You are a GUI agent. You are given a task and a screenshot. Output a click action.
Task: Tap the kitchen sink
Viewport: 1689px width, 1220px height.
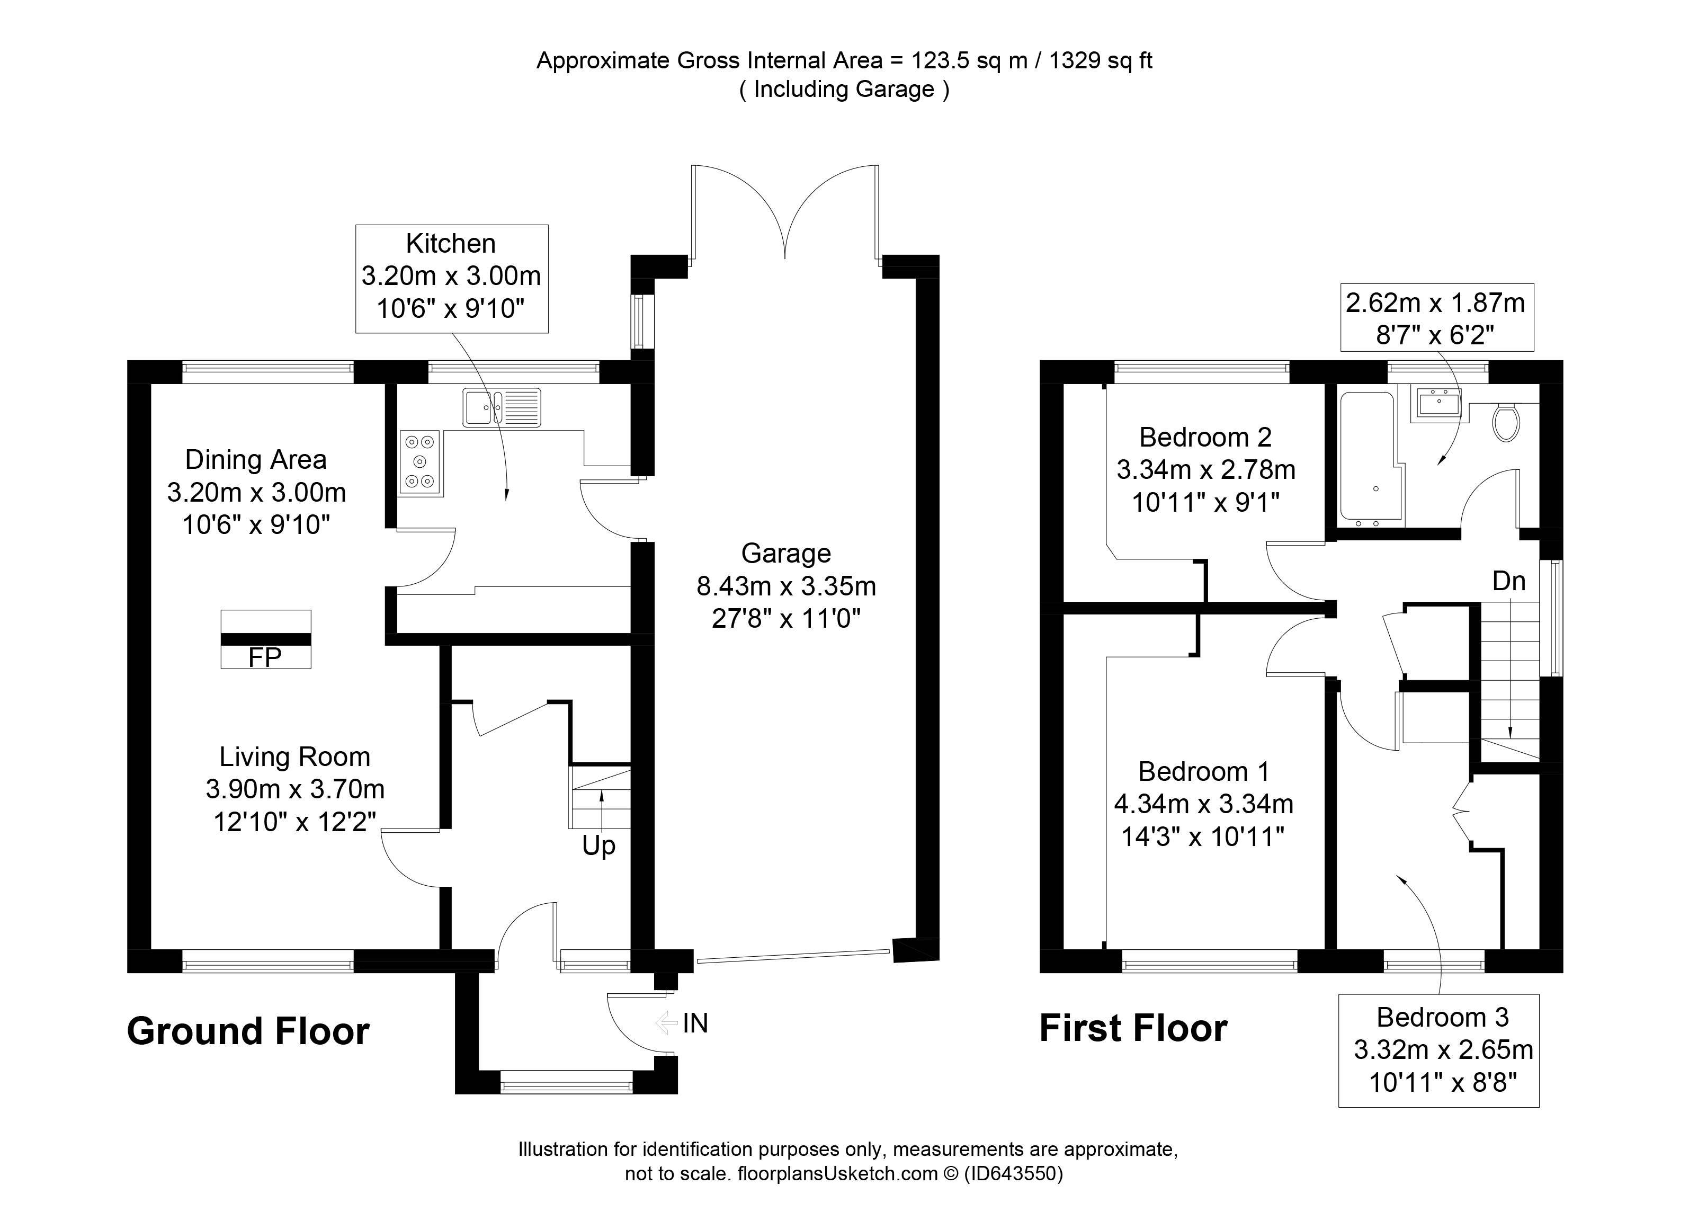coord(502,408)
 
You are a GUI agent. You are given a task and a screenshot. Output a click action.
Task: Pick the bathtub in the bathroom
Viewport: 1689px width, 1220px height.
coord(1371,459)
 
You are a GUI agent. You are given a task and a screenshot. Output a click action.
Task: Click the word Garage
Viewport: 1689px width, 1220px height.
coord(787,554)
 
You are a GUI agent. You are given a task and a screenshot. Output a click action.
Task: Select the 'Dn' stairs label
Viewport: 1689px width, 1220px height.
coord(1509,581)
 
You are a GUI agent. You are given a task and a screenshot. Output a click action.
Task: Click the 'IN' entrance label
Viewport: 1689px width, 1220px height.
coord(695,1023)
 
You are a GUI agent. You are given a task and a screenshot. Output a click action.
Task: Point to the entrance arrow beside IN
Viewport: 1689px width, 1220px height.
coord(666,1023)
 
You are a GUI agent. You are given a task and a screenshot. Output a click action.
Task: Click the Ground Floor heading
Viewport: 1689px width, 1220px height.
coord(248,1031)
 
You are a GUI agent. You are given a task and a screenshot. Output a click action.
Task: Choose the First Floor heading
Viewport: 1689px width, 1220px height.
coord(1133,1029)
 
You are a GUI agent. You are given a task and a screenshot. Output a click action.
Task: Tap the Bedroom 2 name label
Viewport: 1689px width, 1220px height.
coord(1205,437)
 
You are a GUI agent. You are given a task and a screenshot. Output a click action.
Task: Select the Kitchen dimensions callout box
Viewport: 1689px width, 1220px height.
coord(452,279)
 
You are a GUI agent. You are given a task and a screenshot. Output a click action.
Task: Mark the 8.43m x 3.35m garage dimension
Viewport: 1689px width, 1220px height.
coord(787,587)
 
